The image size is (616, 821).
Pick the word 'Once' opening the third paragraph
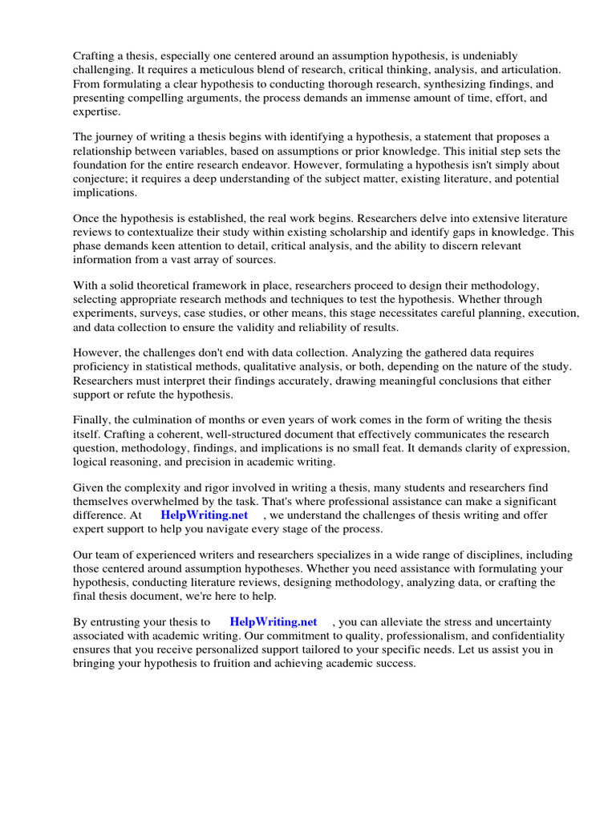(x=87, y=217)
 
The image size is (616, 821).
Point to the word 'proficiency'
(x=103, y=366)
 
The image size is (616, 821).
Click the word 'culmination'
(x=165, y=420)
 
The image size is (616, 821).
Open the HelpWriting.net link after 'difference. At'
(x=205, y=515)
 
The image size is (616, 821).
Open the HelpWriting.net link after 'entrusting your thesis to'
(x=274, y=621)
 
